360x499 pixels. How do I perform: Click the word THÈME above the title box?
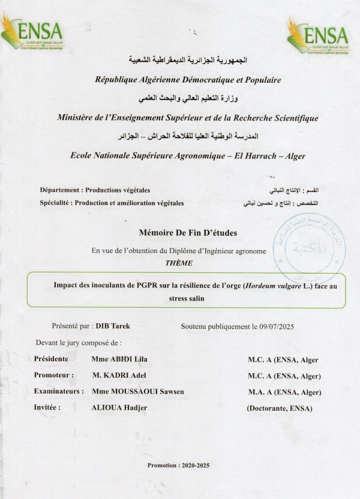(179, 263)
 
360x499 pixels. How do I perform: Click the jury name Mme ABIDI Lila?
(120, 359)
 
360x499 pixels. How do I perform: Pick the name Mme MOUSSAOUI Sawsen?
(138, 392)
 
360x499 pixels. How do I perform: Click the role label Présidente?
(52, 359)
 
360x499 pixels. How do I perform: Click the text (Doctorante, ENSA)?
(280, 408)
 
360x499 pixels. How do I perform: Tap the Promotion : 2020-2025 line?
(179, 465)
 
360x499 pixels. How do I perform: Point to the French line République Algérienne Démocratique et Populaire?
(188, 79)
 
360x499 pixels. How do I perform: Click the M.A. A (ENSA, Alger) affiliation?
(284, 392)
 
